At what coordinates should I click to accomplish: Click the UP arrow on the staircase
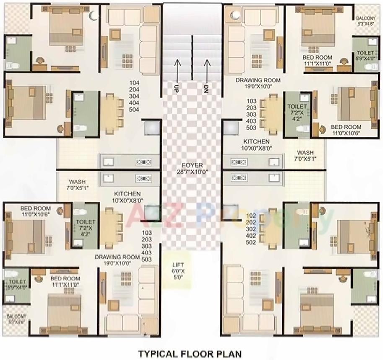(x=177, y=71)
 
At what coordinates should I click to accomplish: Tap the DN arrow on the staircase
(x=206, y=71)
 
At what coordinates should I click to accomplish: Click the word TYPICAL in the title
(x=159, y=354)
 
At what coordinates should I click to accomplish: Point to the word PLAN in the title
(x=230, y=354)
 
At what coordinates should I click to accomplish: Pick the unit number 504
(x=134, y=109)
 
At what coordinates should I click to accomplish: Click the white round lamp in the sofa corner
(x=236, y=15)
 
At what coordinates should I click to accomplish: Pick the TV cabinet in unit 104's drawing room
(x=104, y=52)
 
